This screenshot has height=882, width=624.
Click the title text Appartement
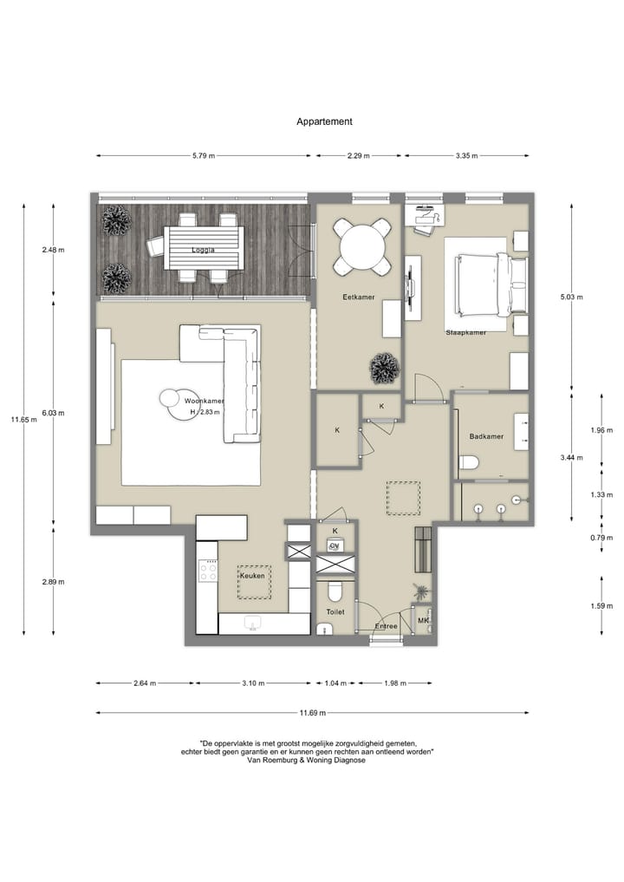click(x=324, y=121)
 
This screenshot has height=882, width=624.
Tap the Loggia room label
click(x=203, y=251)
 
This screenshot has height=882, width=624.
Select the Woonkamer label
click(x=204, y=401)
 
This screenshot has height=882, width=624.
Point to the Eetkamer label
click(x=359, y=297)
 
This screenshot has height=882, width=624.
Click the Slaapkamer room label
click(x=466, y=332)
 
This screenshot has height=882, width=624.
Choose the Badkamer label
click(x=486, y=436)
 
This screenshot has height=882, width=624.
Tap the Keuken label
click(x=252, y=576)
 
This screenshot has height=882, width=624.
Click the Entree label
click(x=387, y=626)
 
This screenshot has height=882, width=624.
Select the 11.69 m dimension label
click(x=313, y=713)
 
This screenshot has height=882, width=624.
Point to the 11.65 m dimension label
click(x=23, y=419)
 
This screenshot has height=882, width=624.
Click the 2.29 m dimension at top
click(x=358, y=156)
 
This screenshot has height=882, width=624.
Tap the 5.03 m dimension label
click(x=572, y=297)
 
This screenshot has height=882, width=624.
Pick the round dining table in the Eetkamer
click(x=362, y=245)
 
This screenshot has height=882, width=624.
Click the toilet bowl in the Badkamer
click(x=468, y=462)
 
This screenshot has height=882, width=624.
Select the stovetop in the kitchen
click(x=207, y=571)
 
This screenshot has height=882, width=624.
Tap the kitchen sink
click(x=253, y=622)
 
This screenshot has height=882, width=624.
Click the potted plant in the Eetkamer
click(x=384, y=368)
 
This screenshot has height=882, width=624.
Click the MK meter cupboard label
click(x=423, y=620)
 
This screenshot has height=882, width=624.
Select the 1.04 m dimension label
click(x=335, y=683)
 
